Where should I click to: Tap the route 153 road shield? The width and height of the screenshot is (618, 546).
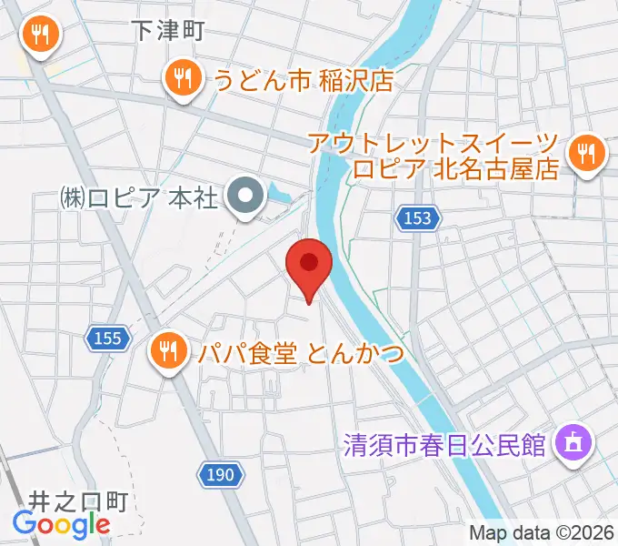click(417, 218)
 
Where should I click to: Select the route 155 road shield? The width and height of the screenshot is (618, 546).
click(106, 339)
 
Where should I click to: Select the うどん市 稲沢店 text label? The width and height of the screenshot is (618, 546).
click(303, 80)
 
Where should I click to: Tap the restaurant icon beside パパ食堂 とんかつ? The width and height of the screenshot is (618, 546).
click(167, 349)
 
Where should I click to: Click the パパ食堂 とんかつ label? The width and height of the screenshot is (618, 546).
click(300, 353)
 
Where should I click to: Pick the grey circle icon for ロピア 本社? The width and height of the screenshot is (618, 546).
click(245, 195)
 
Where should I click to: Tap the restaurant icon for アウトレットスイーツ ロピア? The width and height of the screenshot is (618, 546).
click(587, 151)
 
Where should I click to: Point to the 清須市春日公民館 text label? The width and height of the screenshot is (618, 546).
click(444, 445)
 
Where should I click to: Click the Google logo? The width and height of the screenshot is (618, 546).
click(61, 523)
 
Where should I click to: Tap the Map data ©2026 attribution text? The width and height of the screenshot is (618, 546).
click(542, 533)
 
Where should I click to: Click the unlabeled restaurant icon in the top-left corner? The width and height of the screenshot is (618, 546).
click(39, 35)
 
